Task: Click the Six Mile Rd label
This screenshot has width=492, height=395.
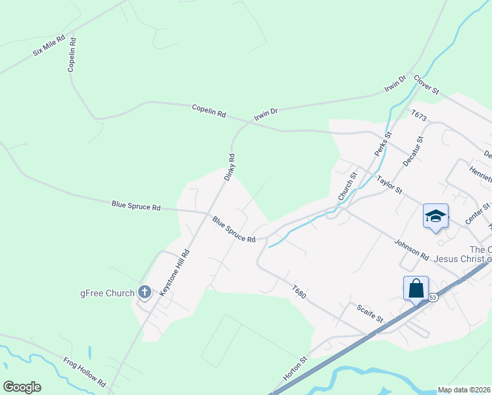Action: coord(49,45)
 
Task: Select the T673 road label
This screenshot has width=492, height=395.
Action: coord(419,117)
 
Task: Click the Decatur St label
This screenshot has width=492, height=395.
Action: coord(410,153)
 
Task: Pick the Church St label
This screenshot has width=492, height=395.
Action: coord(347,186)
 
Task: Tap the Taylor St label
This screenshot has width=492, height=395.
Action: coord(389,184)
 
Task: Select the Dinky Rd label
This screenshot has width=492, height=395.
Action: coord(230,167)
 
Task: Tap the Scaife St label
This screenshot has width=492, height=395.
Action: coord(370,312)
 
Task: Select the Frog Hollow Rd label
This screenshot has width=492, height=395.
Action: coord(85,371)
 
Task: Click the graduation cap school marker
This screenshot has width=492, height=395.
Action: coord(435,217)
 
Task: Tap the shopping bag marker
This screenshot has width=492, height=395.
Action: coord(416,288)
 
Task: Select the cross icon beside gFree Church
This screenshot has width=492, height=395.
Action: coord(145,292)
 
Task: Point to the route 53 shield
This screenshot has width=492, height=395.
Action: coord(433,298)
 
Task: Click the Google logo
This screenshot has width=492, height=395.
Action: coord(22,387)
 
